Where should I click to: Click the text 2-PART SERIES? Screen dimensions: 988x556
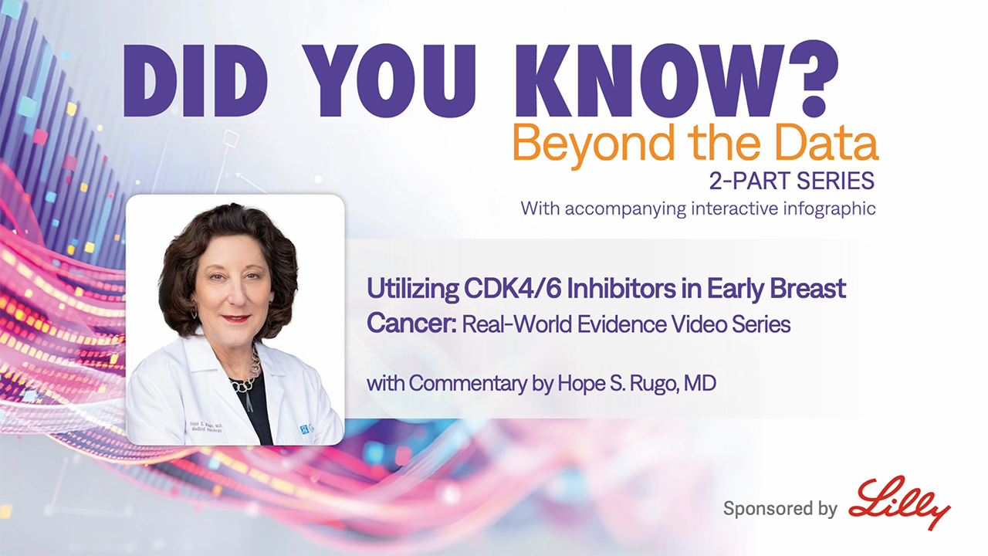tap(792, 181)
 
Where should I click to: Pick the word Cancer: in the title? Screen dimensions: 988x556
tap(411, 324)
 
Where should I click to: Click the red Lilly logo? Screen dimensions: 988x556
tap(900, 502)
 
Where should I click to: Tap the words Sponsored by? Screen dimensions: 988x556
tap(780, 509)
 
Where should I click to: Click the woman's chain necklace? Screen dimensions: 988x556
tap(247, 375)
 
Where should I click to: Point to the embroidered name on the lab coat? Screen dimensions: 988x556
tap(206, 427)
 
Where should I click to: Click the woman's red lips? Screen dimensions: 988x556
tap(235, 317)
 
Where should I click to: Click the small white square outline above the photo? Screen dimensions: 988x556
tap(230, 138)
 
